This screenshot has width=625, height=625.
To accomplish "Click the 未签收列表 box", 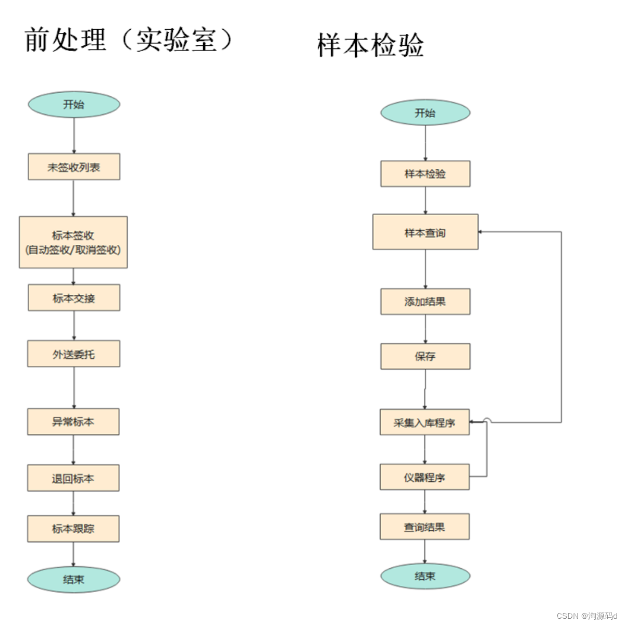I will point(74,167).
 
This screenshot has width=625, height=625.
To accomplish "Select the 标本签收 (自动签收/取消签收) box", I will point(73,243).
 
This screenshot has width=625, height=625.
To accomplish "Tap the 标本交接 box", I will point(74,298).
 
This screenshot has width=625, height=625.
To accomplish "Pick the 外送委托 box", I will point(73,354).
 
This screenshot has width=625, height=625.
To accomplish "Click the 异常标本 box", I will point(73,422).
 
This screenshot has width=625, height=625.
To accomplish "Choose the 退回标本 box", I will point(73,478).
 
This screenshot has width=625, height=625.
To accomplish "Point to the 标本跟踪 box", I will point(73,529).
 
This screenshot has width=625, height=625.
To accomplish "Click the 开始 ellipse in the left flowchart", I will point(74,105).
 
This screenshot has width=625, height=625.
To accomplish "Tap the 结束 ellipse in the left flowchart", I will point(73,579).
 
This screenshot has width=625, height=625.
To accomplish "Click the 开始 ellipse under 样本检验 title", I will point(425,113).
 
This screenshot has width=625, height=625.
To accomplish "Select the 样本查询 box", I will point(425,232).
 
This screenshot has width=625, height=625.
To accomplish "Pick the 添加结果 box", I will point(425,302).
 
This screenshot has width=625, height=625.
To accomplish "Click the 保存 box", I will point(425,356).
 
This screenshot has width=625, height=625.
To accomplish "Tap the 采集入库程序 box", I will point(424,422).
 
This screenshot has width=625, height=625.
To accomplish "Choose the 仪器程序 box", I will point(424,477).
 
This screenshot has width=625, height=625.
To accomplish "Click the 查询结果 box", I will point(424,527).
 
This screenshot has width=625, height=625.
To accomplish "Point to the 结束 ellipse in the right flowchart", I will point(425,576).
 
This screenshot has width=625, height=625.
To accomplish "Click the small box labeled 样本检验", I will point(425,174).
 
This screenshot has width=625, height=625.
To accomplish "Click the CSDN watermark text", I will point(587,616).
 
